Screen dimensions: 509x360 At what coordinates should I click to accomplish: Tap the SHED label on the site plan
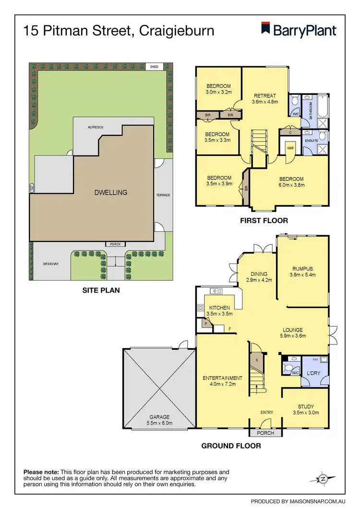[x=154, y=67]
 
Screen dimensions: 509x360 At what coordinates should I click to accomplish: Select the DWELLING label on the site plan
[x=111, y=192]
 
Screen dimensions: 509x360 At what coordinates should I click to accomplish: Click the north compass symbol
[x=324, y=479]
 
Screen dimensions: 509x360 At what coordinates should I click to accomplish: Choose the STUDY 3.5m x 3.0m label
[x=306, y=409]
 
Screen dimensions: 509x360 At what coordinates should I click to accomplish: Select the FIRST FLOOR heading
[x=264, y=221]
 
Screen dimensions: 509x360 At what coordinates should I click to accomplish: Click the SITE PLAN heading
[x=100, y=290]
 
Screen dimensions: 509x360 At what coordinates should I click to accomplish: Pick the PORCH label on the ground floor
[x=265, y=433]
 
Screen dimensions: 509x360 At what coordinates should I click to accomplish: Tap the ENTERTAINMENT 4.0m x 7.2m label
[x=222, y=381]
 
